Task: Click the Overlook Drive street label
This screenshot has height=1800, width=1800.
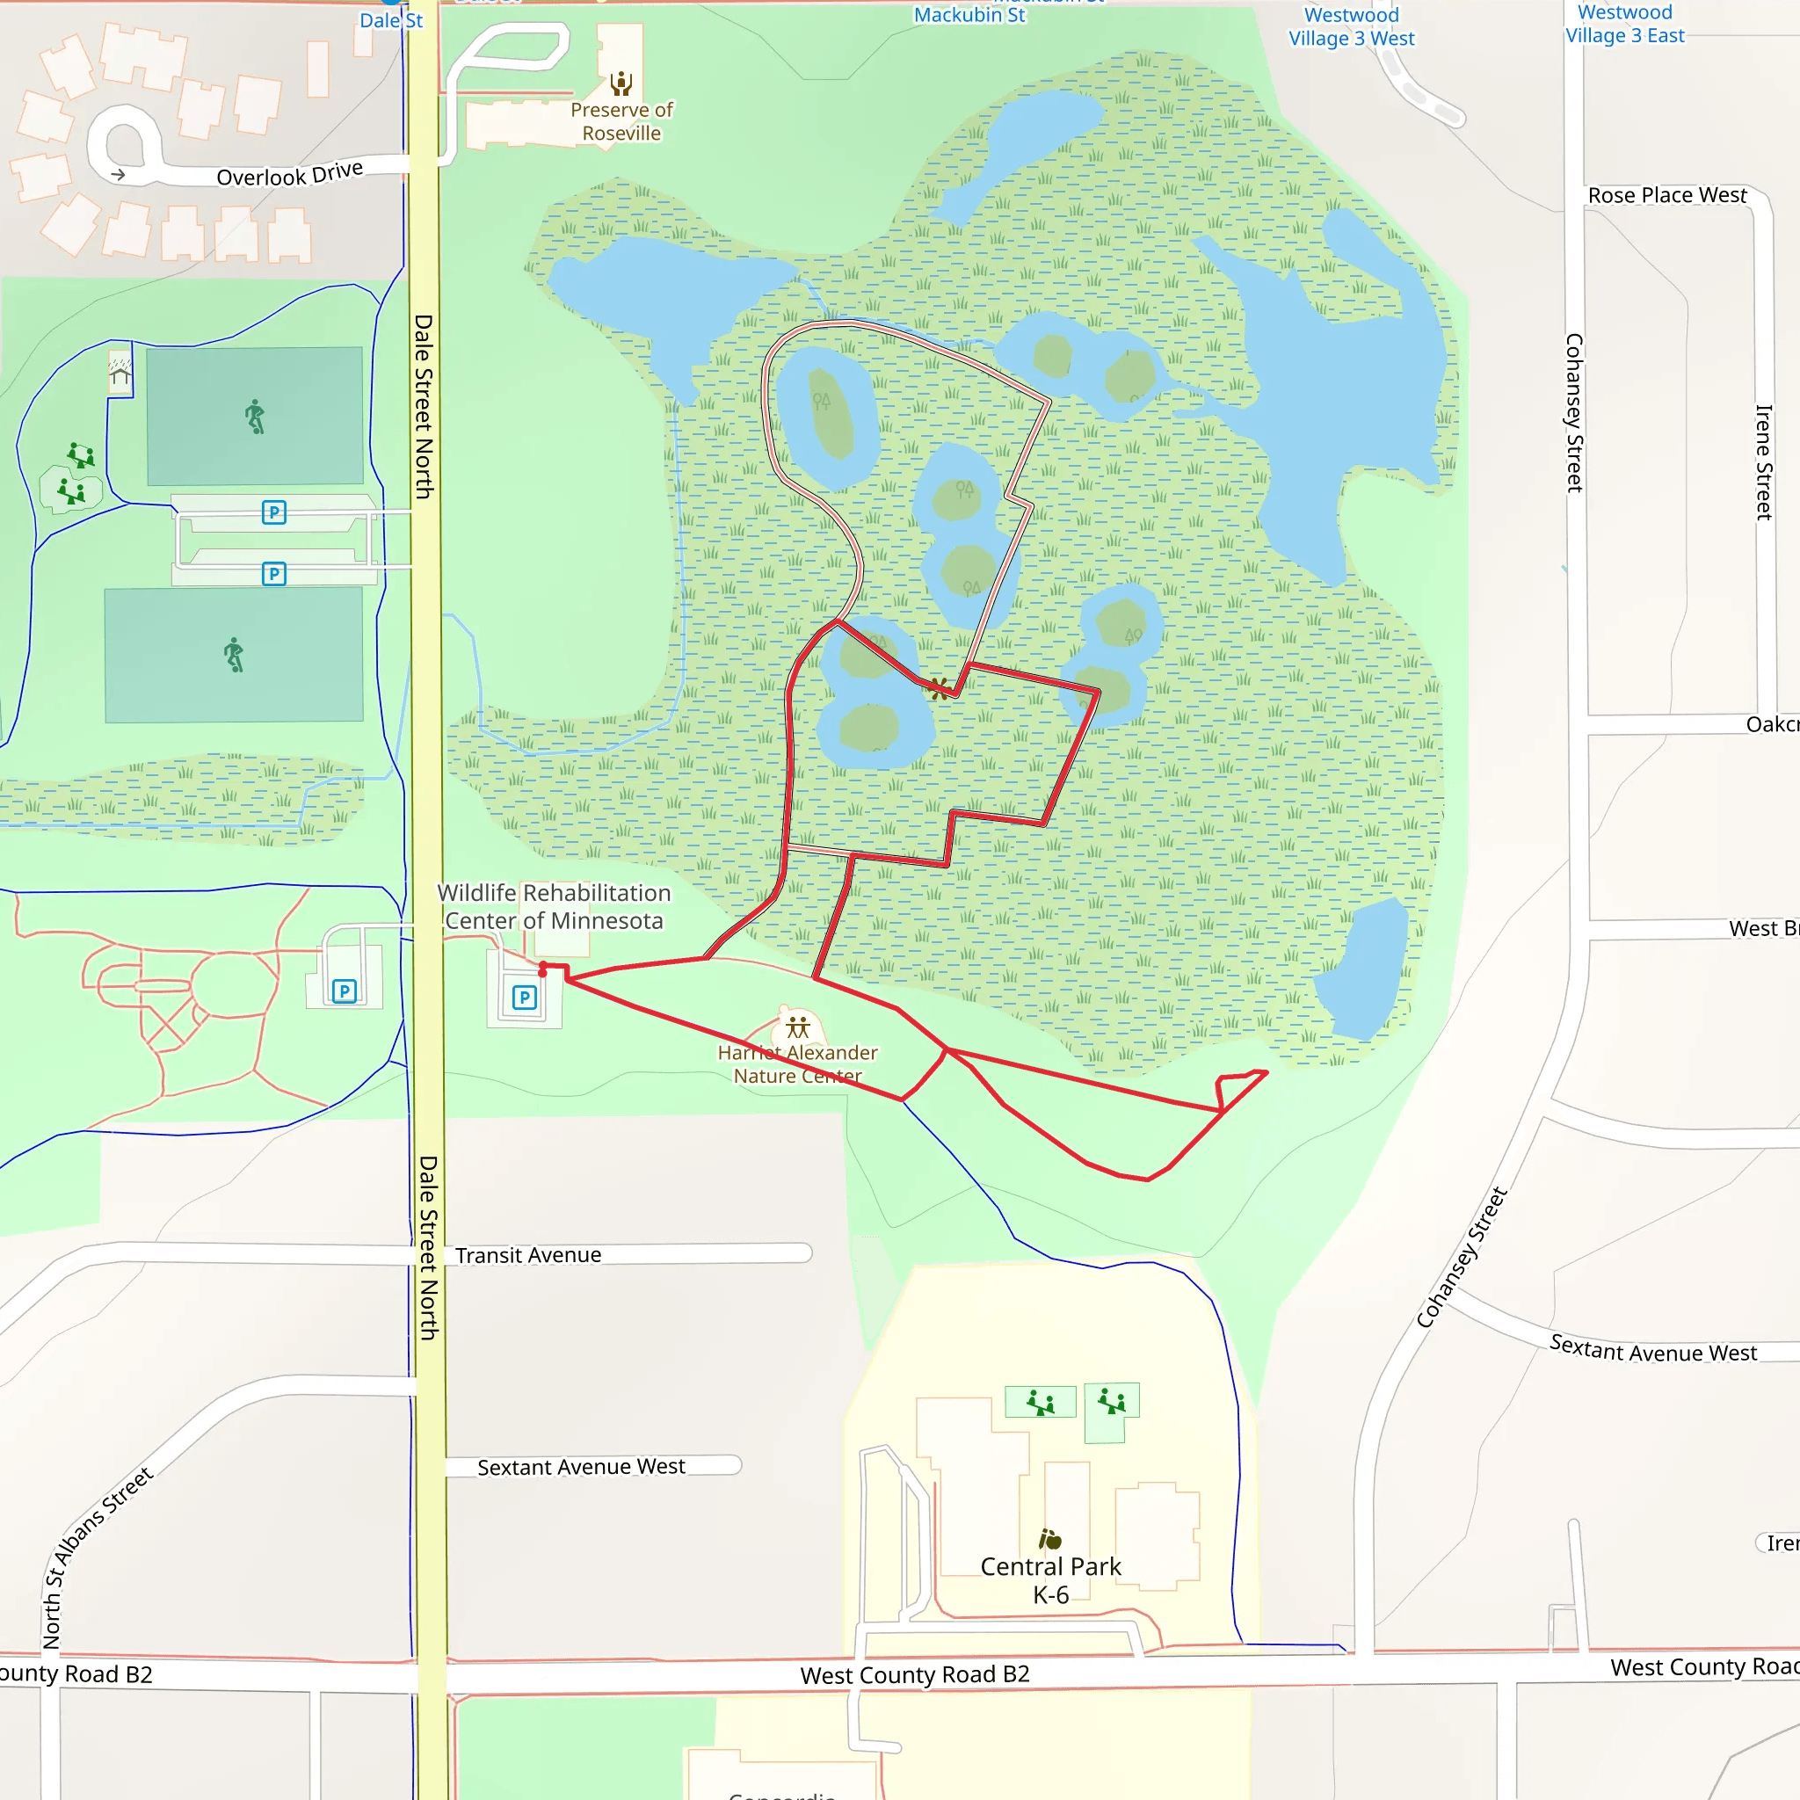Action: coord(289,174)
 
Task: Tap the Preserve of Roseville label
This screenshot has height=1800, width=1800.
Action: coord(621,122)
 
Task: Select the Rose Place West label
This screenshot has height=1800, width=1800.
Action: coord(1666,196)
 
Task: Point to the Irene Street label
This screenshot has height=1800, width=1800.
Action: coord(1763,462)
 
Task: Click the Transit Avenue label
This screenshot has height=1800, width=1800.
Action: coord(527,1255)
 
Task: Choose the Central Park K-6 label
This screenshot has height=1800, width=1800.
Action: coord(1050,1580)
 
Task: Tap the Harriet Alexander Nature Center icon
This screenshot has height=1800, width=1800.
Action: coord(797,1027)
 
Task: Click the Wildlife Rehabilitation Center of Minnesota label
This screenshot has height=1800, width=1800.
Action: coord(554,906)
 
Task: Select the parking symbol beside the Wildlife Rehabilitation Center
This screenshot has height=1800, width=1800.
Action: coord(525,998)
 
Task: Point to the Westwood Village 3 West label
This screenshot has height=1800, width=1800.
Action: coord(1351,27)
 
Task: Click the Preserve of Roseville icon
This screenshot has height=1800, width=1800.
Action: coord(621,83)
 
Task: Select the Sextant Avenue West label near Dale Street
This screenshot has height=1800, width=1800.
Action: coord(580,1467)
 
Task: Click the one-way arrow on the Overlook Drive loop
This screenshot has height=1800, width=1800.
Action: coord(119,174)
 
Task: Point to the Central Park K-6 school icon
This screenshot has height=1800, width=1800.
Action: coord(1050,1538)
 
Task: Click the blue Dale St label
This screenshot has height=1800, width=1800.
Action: coord(391,20)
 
